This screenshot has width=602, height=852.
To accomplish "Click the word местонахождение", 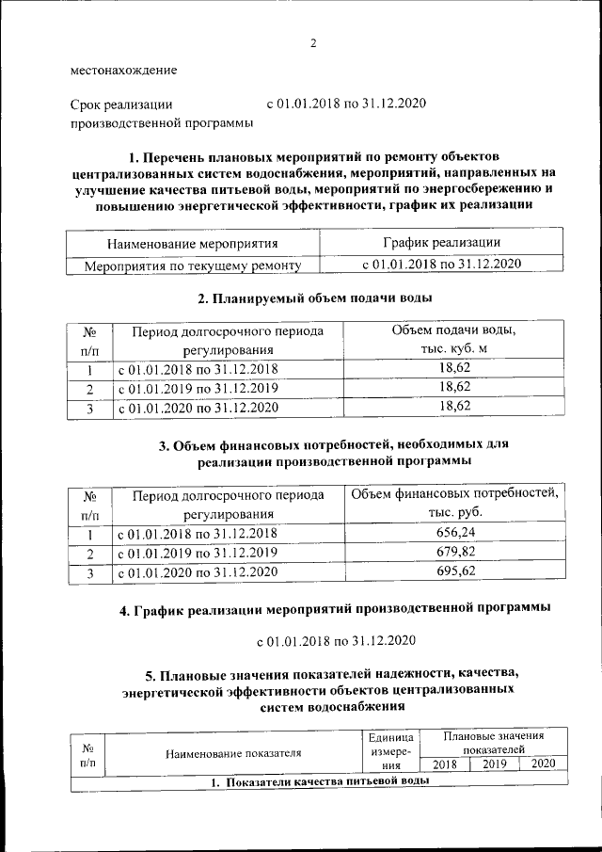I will pyautogui.click(x=122, y=71).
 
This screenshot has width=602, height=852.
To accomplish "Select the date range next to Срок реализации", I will pyautogui.click(x=348, y=104).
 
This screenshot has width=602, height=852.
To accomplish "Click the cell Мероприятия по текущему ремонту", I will pyautogui.click(x=193, y=266).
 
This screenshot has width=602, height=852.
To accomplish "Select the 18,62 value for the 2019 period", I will pyautogui.click(x=454, y=388).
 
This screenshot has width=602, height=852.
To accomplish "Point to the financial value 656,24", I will pyautogui.click(x=454, y=532).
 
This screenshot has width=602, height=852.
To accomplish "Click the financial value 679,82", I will pyautogui.click(x=454, y=552).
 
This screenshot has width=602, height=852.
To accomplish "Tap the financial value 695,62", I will pyautogui.click(x=454, y=571).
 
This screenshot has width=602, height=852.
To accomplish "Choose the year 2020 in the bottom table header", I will pyautogui.click(x=544, y=764).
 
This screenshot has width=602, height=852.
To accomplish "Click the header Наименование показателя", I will pyautogui.click(x=232, y=753).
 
